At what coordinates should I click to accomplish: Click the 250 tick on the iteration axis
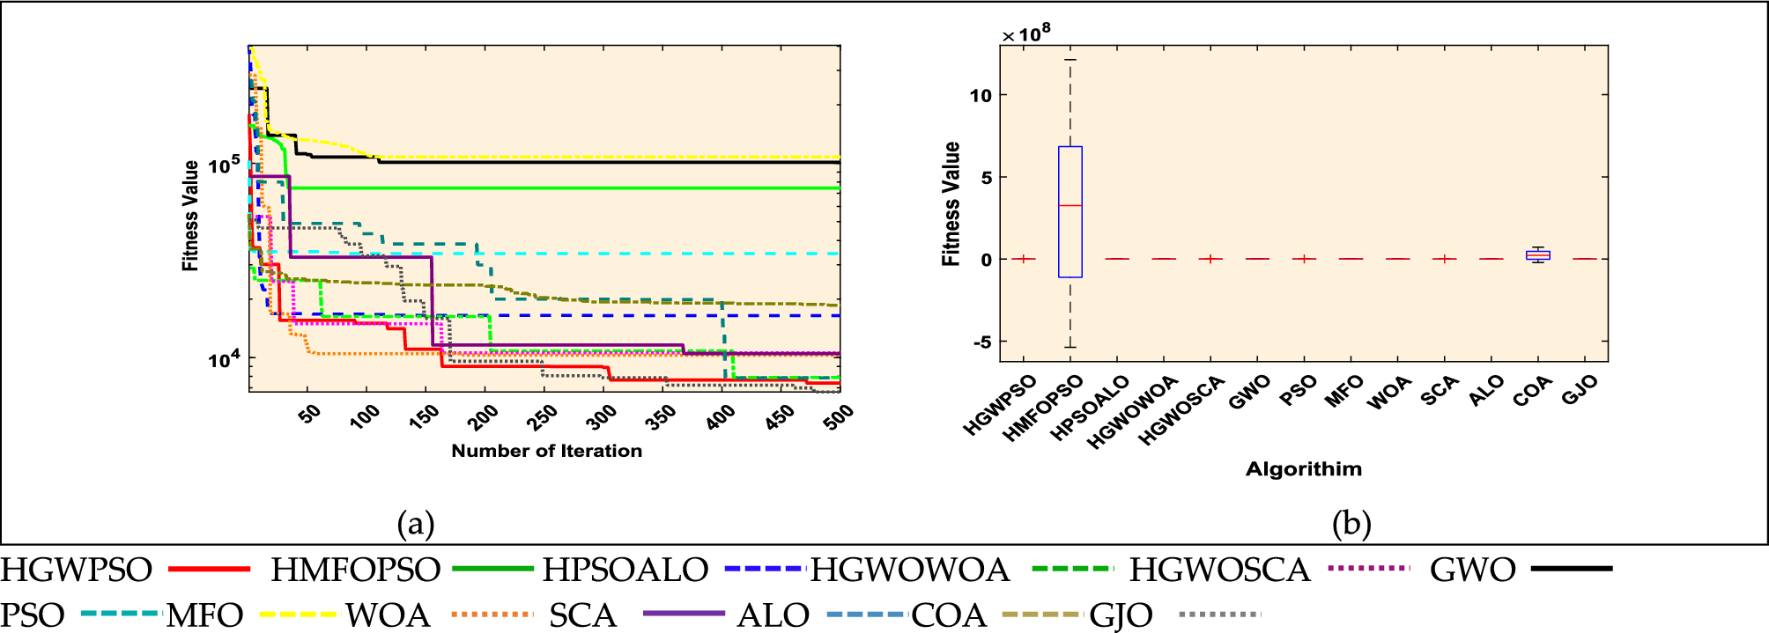click(543, 416)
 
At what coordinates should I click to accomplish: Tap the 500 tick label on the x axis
click(838, 416)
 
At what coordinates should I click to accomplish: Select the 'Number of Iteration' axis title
click(546, 451)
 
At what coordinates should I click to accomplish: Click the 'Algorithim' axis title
click(1303, 469)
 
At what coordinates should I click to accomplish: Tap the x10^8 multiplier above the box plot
click(1026, 33)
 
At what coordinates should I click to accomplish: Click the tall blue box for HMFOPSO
click(1070, 238)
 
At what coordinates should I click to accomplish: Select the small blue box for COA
click(1537, 255)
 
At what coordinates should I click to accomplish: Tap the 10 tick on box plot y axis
click(981, 95)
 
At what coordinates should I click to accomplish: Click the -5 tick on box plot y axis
click(981, 342)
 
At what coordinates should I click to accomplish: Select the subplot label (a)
click(416, 524)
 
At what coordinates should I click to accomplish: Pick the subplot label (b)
click(1351, 524)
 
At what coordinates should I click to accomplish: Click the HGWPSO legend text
click(77, 570)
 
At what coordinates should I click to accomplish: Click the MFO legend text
click(204, 615)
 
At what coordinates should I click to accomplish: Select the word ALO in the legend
click(772, 615)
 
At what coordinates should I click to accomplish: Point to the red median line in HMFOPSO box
click(1070, 205)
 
